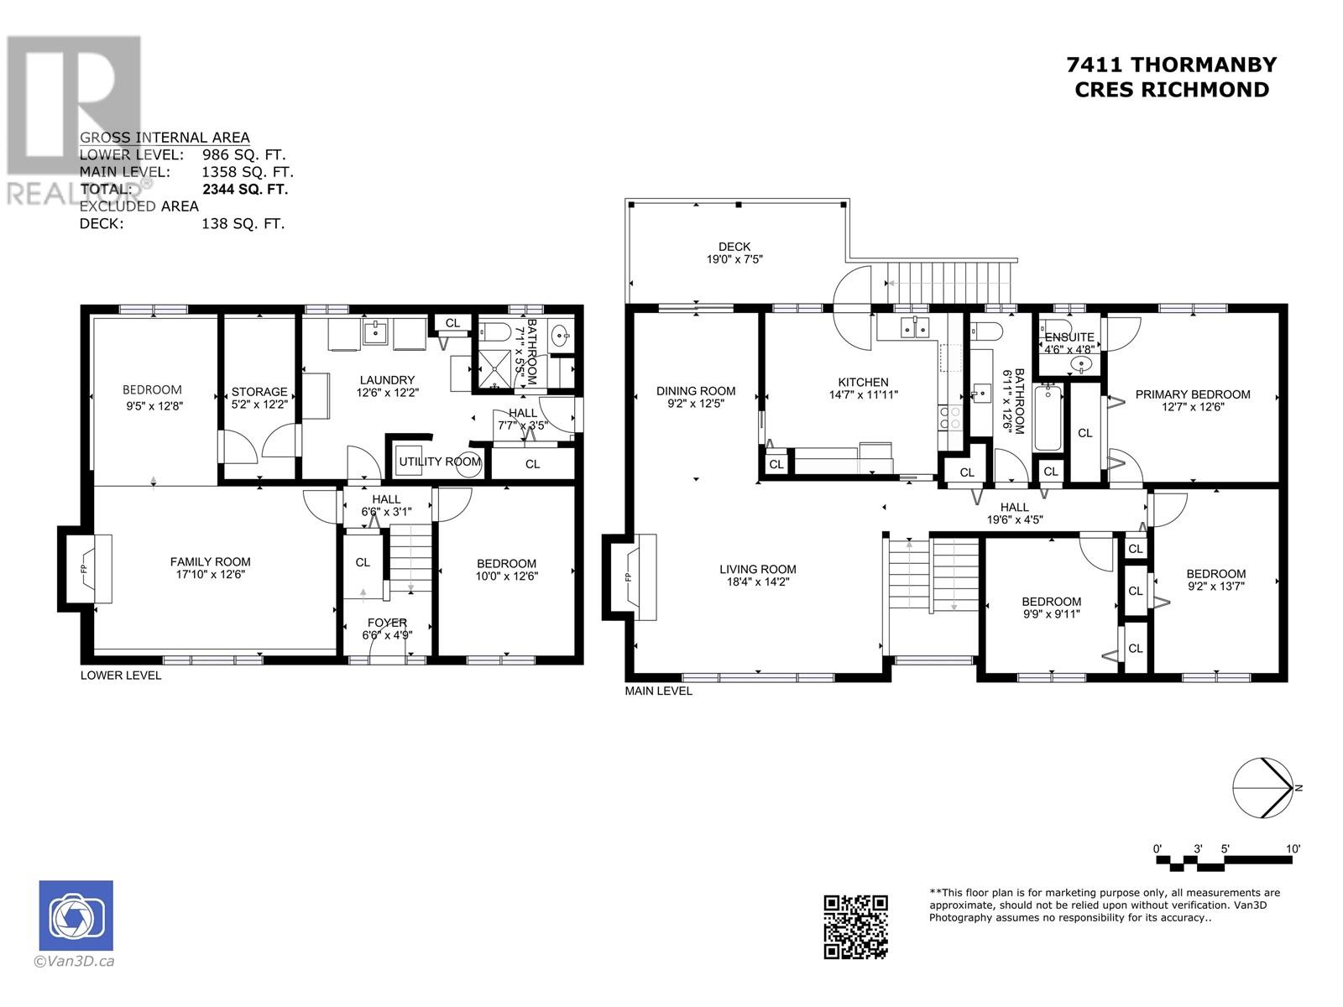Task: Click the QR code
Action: tap(855, 927)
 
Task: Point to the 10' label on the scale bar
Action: tap(1293, 849)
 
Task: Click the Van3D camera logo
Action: tap(76, 916)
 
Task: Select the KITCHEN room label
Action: tap(864, 382)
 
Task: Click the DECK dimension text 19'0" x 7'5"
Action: tap(734, 259)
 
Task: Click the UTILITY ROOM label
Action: tap(440, 462)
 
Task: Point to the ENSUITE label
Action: tap(1069, 337)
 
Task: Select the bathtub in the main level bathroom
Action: tap(1048, 418)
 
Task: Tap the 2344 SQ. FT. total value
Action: tap(245, 190)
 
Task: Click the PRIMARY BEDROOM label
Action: tap(1193, 394)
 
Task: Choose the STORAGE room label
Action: tap(259, 392)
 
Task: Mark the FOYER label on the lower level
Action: tap(387, 623)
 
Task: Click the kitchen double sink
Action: tap(914, 328)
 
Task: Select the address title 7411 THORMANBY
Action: tap(1171, 65)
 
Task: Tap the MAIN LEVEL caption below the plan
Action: tap(658, 691)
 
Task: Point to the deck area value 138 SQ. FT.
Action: tap(243, 224)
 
